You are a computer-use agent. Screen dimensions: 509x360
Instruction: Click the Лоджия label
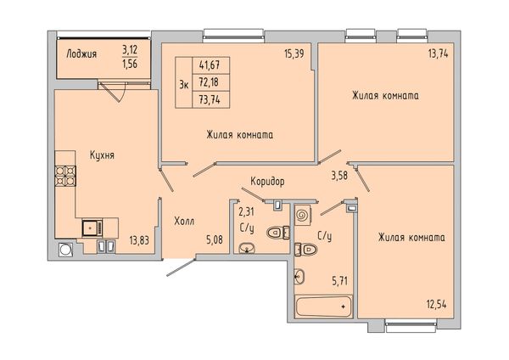[x=81, y=53]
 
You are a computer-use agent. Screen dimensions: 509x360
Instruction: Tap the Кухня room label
[x=102, y=155]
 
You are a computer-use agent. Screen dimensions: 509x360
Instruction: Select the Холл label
[x=184, y=222]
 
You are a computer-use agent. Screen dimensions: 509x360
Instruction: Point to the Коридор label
[x=267, y=182]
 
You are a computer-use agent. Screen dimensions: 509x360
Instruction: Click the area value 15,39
[x=294, y=53]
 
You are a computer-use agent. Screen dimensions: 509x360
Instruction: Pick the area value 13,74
[x=438, y=53]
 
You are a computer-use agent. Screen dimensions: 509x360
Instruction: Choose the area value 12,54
[x=436, y=305]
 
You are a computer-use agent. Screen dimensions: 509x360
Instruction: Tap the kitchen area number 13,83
[x=139, y=240]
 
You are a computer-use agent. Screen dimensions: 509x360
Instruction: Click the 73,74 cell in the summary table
[x=210, y=99]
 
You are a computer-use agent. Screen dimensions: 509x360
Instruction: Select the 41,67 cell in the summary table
[x=210, y=65]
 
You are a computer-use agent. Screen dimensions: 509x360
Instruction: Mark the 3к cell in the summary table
[x=184, y=82]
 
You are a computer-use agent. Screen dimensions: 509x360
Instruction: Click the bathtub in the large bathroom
[x=324, y=306]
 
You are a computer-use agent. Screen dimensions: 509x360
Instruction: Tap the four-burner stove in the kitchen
[x=65, y=176]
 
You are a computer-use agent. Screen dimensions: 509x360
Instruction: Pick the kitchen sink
[x=92, y=228]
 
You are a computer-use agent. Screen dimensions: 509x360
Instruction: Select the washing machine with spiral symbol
[x=303, y=215]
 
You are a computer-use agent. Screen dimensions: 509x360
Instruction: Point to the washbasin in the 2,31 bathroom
[x=247, y=248]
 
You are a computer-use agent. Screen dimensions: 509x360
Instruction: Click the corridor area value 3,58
[x=339, y=176]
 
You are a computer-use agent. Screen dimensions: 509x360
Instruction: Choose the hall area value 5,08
[x=215, y=240]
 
